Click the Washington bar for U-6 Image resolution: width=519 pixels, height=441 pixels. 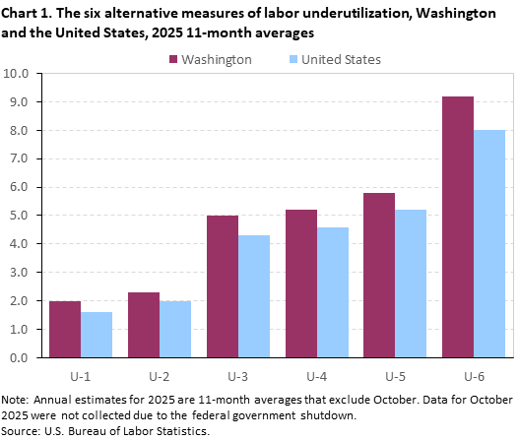458,226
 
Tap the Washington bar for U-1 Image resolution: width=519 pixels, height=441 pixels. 65,329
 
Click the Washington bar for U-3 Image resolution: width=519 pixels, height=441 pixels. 223,286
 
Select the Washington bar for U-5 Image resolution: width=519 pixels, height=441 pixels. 379,275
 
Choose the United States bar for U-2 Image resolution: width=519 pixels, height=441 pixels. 175,329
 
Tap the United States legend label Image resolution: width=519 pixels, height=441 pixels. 341,59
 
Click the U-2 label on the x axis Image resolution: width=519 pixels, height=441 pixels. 160,374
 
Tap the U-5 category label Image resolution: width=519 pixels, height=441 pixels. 395,374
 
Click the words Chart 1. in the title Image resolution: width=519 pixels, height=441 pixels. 29,14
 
